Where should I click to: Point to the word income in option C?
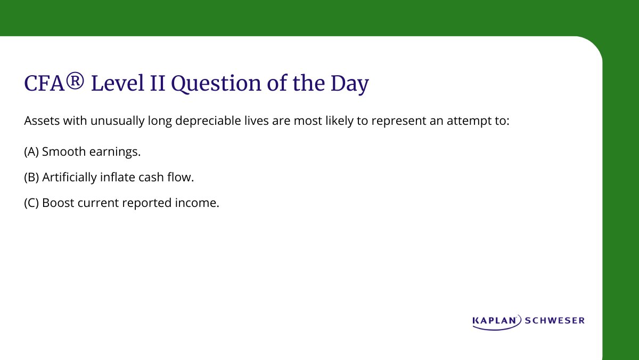[x=200, y=203]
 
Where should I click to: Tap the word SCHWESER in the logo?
[x=555, y=321]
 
